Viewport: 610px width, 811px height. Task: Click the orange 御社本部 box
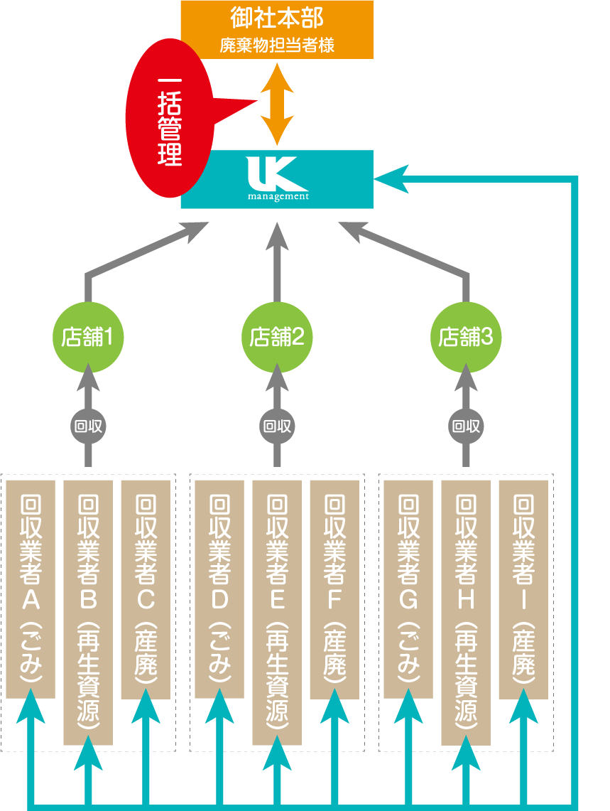[277, 29]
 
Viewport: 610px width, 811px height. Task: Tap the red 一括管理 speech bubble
[169, 121]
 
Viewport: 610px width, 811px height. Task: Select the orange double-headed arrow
[276, 104]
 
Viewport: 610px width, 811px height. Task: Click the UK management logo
[278, 178]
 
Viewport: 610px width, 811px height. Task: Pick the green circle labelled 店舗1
[89, 337]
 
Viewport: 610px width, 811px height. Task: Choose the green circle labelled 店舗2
[277, 337]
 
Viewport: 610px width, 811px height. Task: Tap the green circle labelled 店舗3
[466, 337]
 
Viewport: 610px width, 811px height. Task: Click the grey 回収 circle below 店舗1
[89, 426]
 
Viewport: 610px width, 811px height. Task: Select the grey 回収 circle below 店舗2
[277, 426]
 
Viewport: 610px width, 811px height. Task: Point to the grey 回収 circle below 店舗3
[466, 426]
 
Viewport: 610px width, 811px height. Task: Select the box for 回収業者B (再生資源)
[88, 612]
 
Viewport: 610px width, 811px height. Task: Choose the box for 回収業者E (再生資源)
[277, 612]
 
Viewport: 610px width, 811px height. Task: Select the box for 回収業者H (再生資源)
[466, 612]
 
